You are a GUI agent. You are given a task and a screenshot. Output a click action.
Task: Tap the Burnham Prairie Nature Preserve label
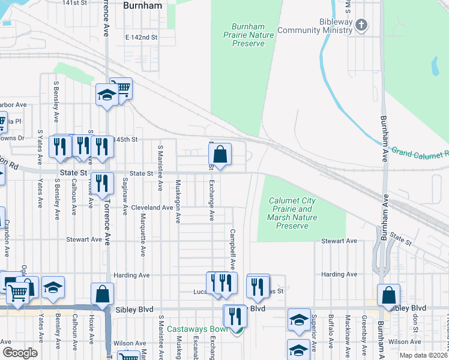click(x=253, y=35)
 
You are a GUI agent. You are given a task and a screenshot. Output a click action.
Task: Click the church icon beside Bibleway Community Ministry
click(x=361, y=25)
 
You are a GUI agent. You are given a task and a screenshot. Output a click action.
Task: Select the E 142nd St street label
click(x=141, y=37)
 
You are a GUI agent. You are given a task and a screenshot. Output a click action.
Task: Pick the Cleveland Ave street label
click(x=152, y=208)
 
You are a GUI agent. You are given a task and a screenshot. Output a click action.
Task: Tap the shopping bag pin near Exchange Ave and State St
click(x=221, y=155)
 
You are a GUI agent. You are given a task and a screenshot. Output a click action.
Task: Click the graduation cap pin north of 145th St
click(x=107, y=94)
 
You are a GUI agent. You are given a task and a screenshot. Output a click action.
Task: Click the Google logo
click(x=20, y=353)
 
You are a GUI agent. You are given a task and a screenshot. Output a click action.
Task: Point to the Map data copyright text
click(x=423, y=355)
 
